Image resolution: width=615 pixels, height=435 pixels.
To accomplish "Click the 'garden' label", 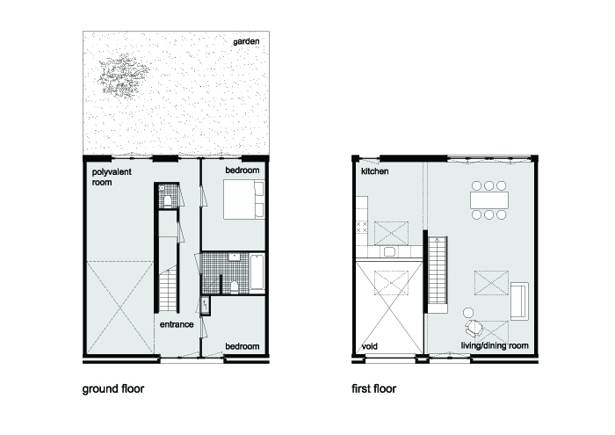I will pos(247,41).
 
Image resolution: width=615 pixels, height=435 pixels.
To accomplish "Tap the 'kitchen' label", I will pos(375,171).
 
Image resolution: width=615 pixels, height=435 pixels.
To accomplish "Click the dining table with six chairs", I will pos(490,199).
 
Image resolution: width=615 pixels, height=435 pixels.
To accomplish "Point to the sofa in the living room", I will pos(519,301).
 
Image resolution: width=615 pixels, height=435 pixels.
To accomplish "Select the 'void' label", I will pos(370,346).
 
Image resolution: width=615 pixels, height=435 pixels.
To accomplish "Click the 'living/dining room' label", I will pos(495,346).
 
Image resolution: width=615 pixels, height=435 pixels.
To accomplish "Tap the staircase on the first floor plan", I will pos(437,272).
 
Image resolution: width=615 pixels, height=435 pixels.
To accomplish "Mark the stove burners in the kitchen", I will pos(360,228).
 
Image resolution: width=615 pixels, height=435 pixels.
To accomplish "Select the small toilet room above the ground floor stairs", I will pos(167,199).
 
